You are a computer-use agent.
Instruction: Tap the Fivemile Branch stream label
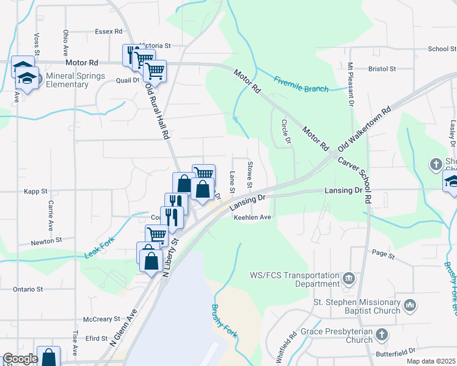click(301, 84)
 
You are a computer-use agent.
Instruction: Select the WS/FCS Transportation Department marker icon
click(348, 279)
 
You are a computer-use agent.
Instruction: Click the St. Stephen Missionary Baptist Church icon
click(410, 304)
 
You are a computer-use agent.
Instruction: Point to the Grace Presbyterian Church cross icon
click(381, 334)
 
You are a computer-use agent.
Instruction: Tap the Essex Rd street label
click(109, 31)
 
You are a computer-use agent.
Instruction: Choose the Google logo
click(20, 359)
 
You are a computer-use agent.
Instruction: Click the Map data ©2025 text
click(431, 361)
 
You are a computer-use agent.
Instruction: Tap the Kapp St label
click(35, 191)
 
